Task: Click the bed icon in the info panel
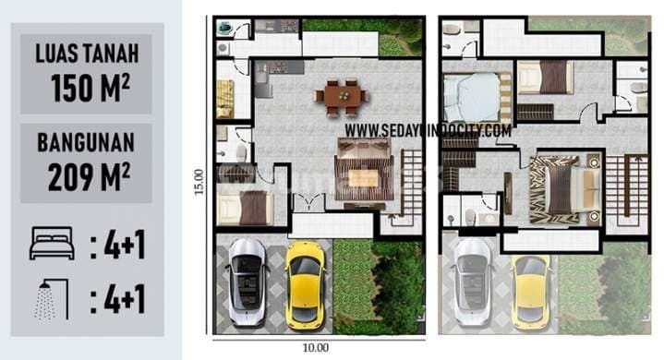53,246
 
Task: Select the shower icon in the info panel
53,300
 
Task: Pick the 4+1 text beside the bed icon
118,246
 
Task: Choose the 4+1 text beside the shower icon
118,300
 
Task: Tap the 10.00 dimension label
315,348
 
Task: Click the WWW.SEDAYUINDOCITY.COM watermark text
428,131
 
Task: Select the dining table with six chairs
340,95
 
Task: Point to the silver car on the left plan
247,280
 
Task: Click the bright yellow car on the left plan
304,282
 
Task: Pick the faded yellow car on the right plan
531,289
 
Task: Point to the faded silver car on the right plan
473,282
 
